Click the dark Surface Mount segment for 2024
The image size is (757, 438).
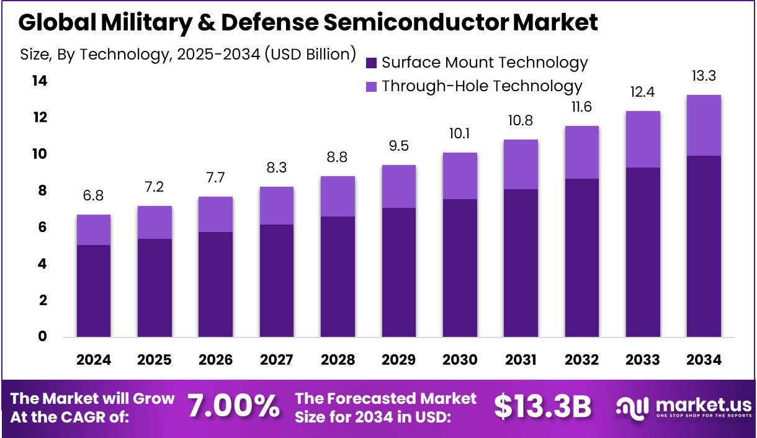click(x=94, y=291)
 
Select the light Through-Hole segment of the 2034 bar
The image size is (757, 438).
click(x=704, y=125)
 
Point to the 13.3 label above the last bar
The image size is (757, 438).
click(x=704, y=77)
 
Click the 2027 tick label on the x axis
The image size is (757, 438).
click(x=277, y=360)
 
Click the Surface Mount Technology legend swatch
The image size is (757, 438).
click(x=372, y=63)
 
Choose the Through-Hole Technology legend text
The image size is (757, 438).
click(x=482, y=86)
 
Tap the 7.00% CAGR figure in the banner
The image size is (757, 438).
click(x=233, y=406)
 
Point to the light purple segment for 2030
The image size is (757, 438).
click(x=460, y=176)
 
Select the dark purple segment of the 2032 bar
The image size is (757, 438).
click(x=582, y=257)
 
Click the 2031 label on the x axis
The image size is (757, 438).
click(x=521, y=360)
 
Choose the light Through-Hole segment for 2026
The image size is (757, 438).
click(x=216, y=214)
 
